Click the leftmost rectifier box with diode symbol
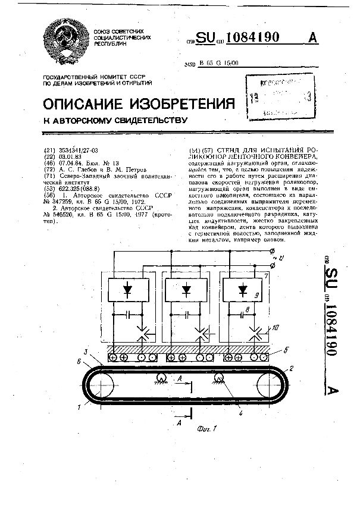coord(128,289)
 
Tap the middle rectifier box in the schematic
coord(187,289)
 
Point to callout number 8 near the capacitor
coord(246,310)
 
